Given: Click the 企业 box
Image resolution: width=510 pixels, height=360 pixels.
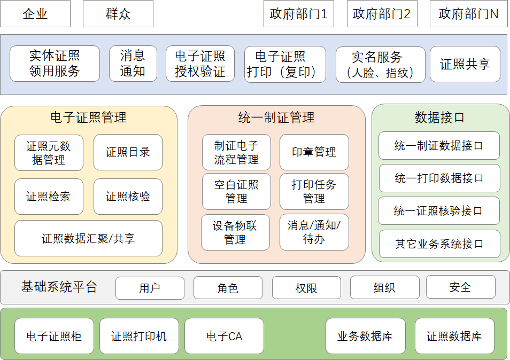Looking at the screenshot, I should point(35,14).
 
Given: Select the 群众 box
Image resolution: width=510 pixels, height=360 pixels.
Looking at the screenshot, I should point(118,14).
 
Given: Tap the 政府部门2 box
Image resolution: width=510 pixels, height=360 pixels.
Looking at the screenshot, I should point(382,14).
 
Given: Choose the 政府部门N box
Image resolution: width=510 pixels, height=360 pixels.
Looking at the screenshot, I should point(469,14).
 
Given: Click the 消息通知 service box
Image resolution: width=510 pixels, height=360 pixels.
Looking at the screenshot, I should point(133,64).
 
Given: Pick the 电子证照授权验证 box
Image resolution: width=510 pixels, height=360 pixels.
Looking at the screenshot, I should point(200,64).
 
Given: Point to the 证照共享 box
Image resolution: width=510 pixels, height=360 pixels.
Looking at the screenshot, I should point(465,64).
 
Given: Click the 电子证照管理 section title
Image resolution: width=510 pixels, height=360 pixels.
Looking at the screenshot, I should point(89,117).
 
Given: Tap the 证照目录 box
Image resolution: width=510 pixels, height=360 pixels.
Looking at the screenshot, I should point(128,152).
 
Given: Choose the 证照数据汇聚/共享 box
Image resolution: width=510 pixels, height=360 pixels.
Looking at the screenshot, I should point(89,238).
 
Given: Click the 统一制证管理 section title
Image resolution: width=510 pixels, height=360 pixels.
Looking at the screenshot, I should point(276,117).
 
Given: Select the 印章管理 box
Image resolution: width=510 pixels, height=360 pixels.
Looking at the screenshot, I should point(314,152).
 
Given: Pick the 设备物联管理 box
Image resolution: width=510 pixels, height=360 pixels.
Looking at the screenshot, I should point(235,232).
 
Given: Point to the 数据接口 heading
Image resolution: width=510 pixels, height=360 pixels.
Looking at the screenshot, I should point(440,117).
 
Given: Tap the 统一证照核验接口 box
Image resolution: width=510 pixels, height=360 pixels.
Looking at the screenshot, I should point(439,211).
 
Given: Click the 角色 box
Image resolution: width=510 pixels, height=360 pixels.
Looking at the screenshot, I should point(228,288).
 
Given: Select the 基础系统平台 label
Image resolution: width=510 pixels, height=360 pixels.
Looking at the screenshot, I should point(59,287).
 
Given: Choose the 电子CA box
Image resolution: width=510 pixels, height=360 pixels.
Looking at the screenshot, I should point(225,336).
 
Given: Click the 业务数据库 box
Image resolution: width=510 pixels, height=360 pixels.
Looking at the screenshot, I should point(366,336).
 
